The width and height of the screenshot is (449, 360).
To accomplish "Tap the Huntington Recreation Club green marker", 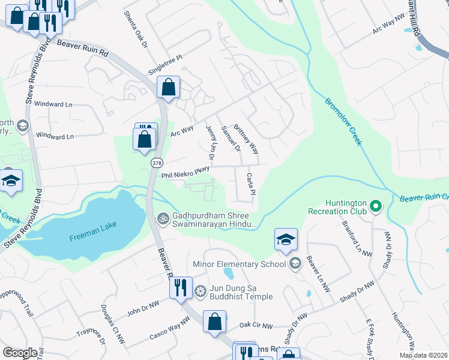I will tap(376, 206).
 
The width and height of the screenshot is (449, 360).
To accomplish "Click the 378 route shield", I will tap(157, 163).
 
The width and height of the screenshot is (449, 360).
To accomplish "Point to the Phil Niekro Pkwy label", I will tap(185, 172).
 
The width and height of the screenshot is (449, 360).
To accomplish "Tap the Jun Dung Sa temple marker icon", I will tap(200, 291).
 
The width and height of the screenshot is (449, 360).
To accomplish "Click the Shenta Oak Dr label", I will tap(135, 28).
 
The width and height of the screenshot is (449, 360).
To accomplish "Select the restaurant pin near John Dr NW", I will tap(181, 288).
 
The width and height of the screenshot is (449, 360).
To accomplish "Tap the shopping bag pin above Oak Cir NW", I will tap(214, 322).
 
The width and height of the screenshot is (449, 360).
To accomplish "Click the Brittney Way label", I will tap(246, 139).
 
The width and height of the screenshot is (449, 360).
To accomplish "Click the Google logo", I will tap(20, 353).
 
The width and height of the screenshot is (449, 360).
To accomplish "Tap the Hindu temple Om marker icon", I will tap(161, 217).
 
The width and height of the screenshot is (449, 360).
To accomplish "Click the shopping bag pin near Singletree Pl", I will tap(169, 88).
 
